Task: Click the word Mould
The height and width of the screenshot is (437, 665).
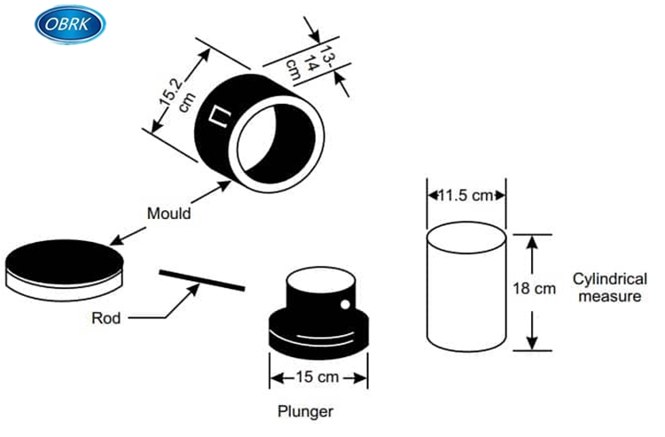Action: (x=168, y=214)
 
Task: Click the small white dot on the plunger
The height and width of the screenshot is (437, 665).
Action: (x=344, y=307)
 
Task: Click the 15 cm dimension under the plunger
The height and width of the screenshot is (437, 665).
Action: (x=317, y=378)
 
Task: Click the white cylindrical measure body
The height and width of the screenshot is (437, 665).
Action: (x=465, y=293)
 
